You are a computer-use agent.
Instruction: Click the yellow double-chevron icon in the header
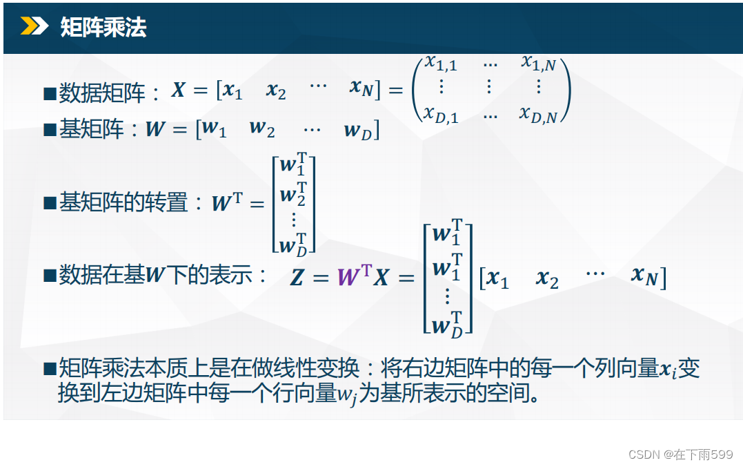pyautogui.click(x=34, y=26)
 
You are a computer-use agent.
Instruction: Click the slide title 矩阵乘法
pyautogui.click(x=103, y=26)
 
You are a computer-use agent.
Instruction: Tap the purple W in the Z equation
pyautogui.click(x=349, y=276)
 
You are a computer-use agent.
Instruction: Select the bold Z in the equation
pyautogui.click(x=297, y=277)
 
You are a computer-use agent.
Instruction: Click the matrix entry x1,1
pyautogui.click(x=441, y=63)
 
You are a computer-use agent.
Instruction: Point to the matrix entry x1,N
pyautogui.click(x=539, y=63)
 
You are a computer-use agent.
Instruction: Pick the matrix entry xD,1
pyautogui.click(x=441, y=115)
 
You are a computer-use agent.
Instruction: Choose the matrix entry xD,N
pyautogui.click(x=539, y=115)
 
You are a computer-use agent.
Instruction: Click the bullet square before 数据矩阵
pyautogui.click(x=50, y=93)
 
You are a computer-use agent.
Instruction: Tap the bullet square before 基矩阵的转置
pyautogui.click(x=50, y=203)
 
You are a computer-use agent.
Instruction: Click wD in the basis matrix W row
pyautogui.click(x=358, y=131)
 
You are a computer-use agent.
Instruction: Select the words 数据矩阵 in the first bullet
pyautogui.click(x=102, y=93)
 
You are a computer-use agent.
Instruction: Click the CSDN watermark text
pyautogui.click(x=680, y=454)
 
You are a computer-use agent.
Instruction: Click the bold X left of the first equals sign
pyautogui.click(x=179, y=89)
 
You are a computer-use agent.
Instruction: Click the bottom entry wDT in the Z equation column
pyautogui.click(x=447, y=325)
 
